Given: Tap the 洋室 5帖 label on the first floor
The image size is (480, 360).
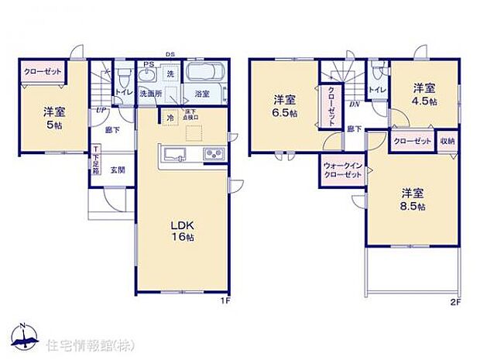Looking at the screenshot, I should (x=53, y=115).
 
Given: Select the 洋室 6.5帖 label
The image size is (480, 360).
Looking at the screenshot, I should (x=285, y=105).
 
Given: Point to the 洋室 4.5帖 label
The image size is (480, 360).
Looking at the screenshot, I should (x=423, y=94).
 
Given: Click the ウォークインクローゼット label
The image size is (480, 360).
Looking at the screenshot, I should (x=341, y=170).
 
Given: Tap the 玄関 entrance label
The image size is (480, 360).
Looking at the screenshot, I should (x=118, y=170).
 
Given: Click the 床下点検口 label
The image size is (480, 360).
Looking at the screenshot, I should (x=191, y=117).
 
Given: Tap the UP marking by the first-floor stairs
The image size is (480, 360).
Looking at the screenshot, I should (x=101, y=111).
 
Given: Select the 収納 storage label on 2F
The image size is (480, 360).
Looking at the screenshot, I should (x=448, y=142).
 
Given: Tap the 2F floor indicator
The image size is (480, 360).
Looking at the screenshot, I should (x=455, y=302).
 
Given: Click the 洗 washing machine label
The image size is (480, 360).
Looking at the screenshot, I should (x=170, y=74).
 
